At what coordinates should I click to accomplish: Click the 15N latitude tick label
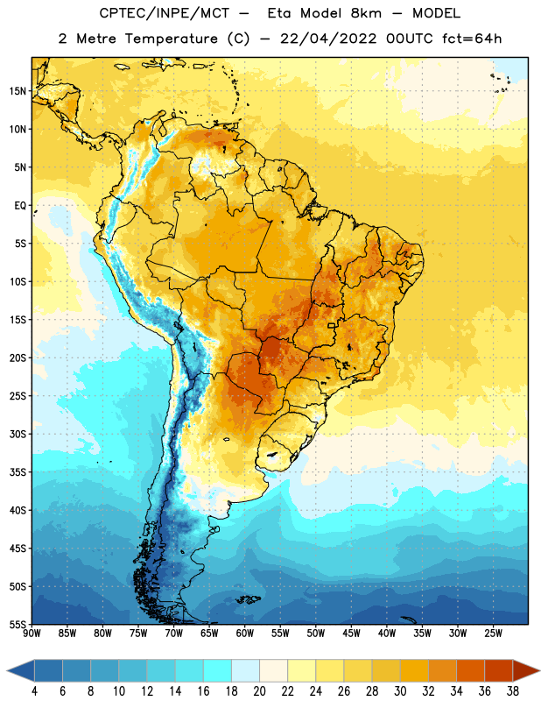point(18,91)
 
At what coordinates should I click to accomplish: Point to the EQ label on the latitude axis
point(20,206)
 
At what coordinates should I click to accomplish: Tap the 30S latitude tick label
point(18,434)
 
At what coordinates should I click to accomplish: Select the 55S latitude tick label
point(18,625)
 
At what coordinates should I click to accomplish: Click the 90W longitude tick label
point(32,633)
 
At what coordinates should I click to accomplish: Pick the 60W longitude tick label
point(245,633)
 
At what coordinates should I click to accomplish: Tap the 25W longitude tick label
point(493,633)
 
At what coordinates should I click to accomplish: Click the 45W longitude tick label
point(351,633)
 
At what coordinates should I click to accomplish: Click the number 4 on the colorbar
point(34,691)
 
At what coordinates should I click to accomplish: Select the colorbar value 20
point(259,691)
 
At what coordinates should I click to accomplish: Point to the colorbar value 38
point(513,691)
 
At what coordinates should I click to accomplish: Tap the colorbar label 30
point(400,691)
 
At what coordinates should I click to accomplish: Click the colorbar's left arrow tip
point(7,670)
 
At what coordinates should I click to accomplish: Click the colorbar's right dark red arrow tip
point(539,670)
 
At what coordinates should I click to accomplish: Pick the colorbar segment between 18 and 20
point(246,670)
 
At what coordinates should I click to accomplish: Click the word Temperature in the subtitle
point(172,39)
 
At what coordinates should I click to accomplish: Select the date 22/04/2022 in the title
point(328,39)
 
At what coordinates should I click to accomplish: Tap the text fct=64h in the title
point(472,39)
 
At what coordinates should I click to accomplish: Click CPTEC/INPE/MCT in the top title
point(164,13)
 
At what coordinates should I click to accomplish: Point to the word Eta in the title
point(279,13)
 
